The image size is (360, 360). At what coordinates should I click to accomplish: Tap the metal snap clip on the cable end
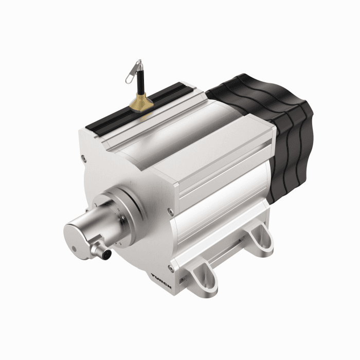(135, 70)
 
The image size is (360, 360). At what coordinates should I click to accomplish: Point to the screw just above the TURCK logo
(170, 268)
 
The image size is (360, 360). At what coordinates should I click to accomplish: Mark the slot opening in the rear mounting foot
(258, 240)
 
